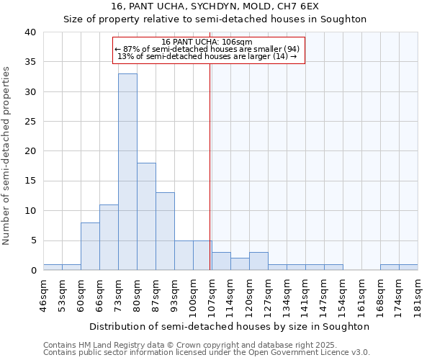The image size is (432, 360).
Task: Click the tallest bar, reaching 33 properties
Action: pos(127,172)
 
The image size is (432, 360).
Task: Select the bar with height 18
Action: pos(146,217)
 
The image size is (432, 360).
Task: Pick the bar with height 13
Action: pos(165,231)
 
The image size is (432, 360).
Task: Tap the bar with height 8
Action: pos(90,246)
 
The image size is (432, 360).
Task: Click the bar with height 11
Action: pos(109,238)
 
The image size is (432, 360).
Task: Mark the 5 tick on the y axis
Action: pos(33,240)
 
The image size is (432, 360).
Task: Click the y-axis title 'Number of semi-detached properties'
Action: pos(7,156)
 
